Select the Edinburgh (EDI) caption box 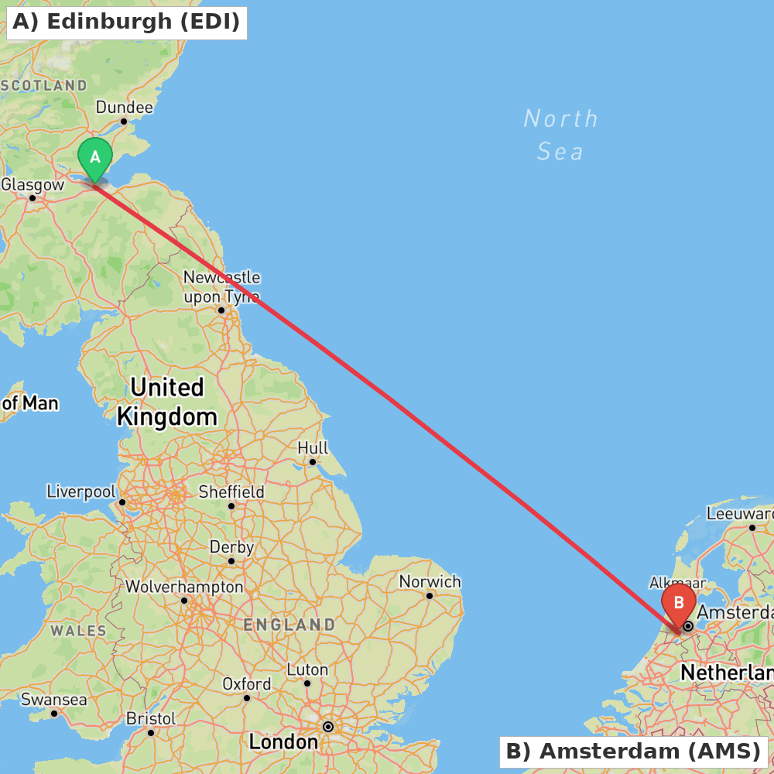coord(126,22)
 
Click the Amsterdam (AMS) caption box coord(633,751)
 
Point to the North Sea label coord(560,135)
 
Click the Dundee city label coord(124,107)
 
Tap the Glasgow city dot coord(33,198)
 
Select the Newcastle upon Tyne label coord(221,286)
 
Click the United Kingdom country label coord(166,402)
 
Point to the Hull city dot coord(313,462)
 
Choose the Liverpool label coord(81,491)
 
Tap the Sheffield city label coord(231,491)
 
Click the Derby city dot coord(231,561)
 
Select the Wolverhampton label coord(184,587)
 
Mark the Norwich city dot coord(430,595)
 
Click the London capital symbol coord(328,727)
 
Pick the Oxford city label coord(246,684)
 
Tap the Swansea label coord(53,700)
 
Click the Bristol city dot coord(151,731)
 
